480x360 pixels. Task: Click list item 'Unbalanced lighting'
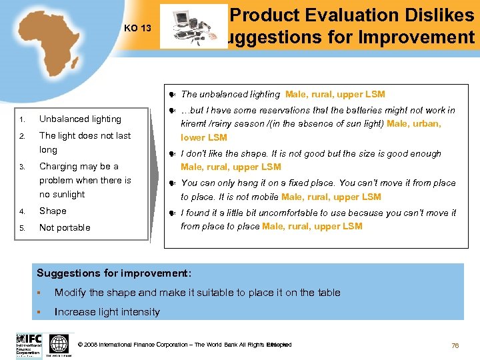pos(80,119)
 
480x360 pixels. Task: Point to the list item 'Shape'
pos(53,211)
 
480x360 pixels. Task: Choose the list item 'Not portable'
pos(65,228)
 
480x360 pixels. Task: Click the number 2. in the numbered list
pos(21,137)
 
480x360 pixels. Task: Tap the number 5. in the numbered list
pos(21,228)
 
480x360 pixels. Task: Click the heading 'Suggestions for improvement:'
pos(114,273)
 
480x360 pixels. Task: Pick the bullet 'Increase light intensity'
pos(107,312)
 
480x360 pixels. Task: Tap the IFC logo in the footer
pos(29,345)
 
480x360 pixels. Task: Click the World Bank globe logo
pos(59,345)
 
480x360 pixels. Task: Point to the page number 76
pos(455,345)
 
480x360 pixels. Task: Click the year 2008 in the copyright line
pos(92,345)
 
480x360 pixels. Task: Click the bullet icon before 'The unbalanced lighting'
pos(172,95)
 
